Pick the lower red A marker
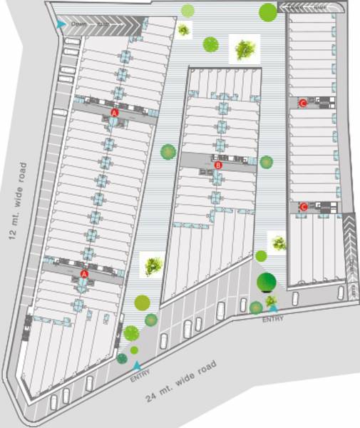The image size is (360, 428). coord(84,274)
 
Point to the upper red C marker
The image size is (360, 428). coord(304,103)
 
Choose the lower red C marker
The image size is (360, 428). coord(304,208)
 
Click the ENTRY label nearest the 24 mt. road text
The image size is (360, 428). coord(140,377)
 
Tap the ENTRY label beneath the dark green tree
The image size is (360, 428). coord(272,319)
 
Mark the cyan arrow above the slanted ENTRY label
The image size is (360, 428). coord(137,365)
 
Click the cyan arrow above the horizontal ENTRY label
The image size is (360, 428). coord(272,308)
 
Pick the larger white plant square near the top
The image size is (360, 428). coord(244,49)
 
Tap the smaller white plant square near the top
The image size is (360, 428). coord(184,31)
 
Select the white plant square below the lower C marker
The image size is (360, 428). coord(277,243)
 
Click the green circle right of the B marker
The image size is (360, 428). coord(267,162)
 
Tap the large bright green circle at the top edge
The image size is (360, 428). coord(268,11)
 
